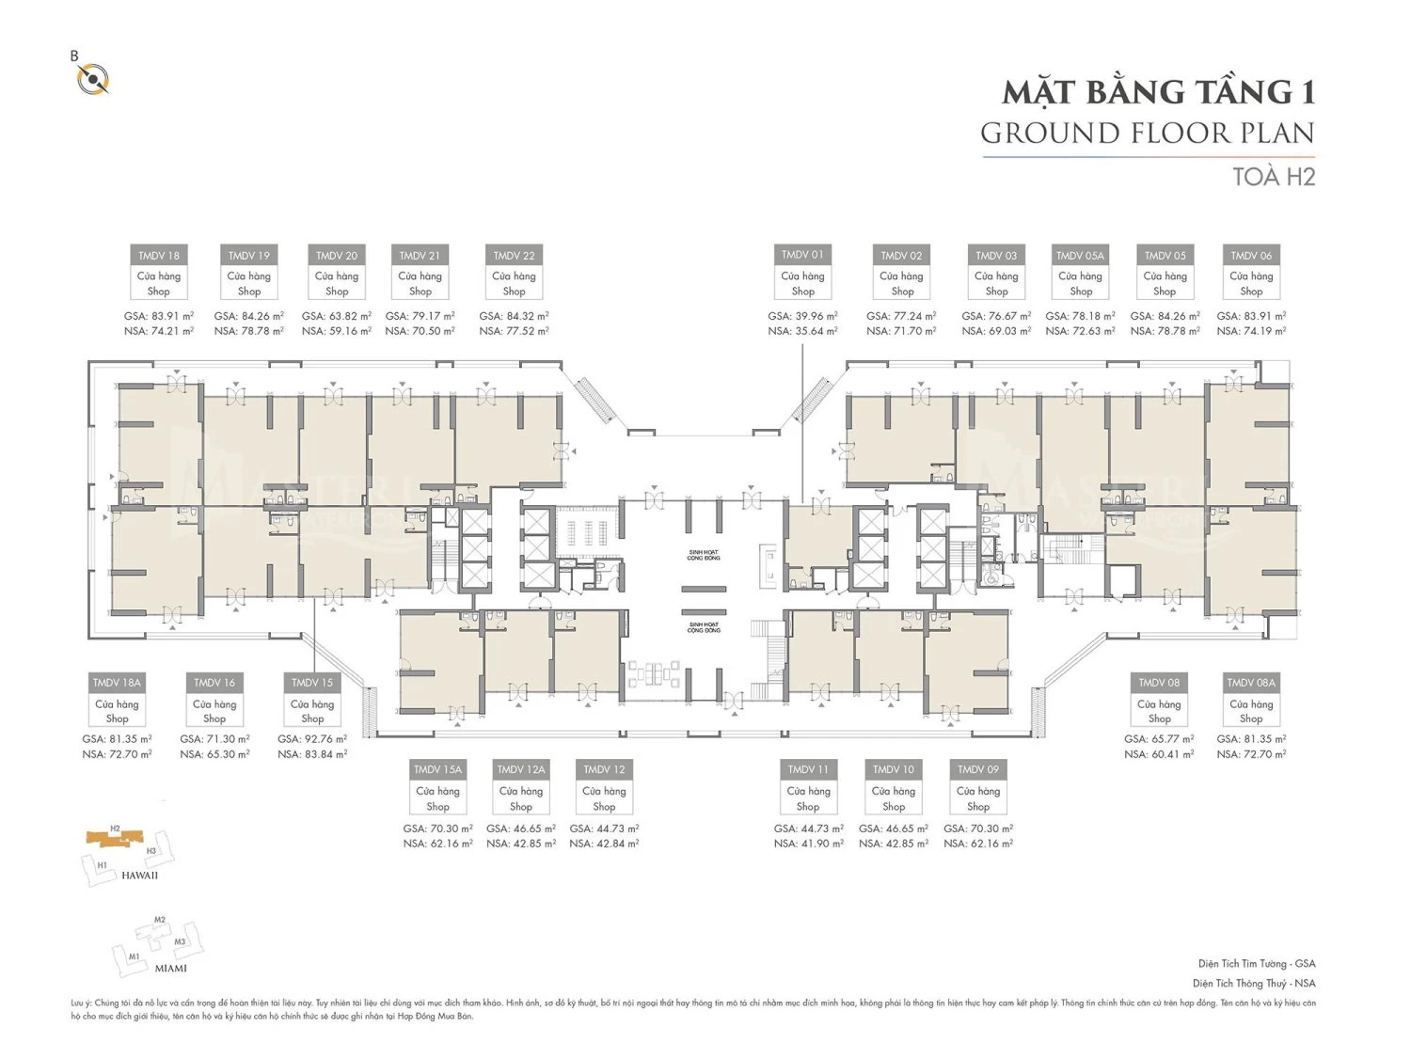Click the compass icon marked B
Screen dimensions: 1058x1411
[93, 78]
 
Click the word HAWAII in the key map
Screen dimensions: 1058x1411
[139, 876]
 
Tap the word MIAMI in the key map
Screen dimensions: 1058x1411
[170, 968]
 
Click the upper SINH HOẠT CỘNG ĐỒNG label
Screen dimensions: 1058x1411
[704, 556]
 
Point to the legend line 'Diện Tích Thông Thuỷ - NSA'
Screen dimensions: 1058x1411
[1254, 984]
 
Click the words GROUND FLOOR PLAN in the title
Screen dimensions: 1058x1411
[1148, 134]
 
